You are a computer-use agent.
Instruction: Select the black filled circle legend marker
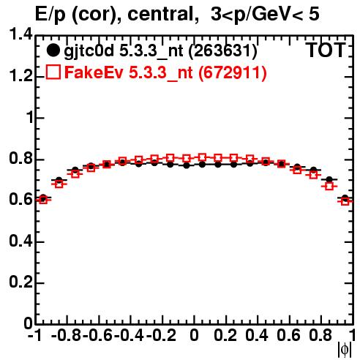tap(53, 50)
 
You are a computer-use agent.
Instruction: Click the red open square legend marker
tap(53, 72)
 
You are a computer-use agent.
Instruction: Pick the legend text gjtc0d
tap(89, 51)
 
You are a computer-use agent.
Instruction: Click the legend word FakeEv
tap(94, 72)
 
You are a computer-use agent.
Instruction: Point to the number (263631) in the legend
tap(223, 51)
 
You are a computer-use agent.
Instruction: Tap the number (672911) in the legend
tap(232, 72)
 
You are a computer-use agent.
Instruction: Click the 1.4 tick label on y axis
tap(20, 34)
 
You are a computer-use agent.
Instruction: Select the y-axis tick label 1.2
tap(20, 76)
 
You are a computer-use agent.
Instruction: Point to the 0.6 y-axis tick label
tap(20, 200)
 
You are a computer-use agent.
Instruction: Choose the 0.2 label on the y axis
tap(20, 282)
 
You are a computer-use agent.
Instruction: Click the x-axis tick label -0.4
tap(129, 335)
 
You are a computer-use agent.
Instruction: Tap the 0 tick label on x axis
tap(194, 335)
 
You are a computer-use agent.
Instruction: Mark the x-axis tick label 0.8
tap(320, 335)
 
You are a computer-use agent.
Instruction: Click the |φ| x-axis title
tap(345, 350)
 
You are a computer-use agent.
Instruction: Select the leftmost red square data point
tap(43, 200)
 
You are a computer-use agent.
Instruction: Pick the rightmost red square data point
tap(345, 201)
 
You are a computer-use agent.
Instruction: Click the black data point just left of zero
tap(187, 165)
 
